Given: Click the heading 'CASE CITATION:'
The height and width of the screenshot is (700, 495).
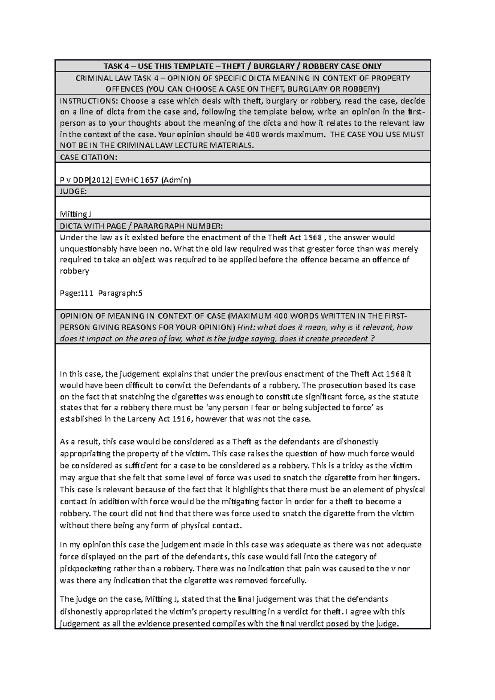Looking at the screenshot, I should tap(89, 157).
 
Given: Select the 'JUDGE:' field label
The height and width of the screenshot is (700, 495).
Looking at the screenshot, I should tap(73, 191).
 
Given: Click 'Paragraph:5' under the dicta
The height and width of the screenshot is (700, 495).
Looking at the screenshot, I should tap(120, 294).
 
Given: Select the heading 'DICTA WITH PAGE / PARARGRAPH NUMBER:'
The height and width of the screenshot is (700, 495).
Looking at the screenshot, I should tap(141, 226).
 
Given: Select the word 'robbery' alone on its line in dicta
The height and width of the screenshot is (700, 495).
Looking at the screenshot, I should tap(74, 271).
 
